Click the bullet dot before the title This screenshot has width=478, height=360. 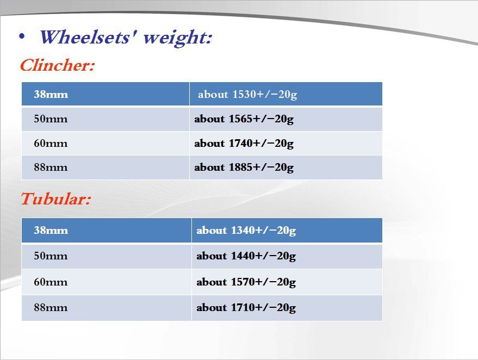pyautogui.click(x=22, y=36)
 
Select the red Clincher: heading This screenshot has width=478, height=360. pyautogui.click(x=57, y=65)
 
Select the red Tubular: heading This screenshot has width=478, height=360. pyautogui.click(x=56, y=198)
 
